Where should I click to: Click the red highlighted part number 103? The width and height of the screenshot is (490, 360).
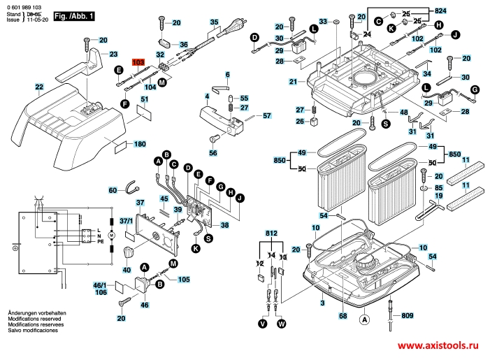coord(138,62)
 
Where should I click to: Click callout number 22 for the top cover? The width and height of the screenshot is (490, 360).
coord(39,87)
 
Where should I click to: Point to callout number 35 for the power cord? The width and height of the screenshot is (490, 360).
coord(215,23)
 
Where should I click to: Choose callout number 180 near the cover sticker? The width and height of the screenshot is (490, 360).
coord(139,144)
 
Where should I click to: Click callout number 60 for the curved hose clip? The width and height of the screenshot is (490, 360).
coord(113,190)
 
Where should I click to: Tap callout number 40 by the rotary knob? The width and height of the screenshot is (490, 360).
coord(127,269)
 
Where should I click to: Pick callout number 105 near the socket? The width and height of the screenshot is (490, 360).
coord(183,280)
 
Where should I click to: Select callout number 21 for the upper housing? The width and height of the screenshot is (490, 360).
coord(294,82)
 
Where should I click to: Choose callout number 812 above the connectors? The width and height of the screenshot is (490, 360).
coord(271,233)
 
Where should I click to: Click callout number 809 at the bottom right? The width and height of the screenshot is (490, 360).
coord(406,316)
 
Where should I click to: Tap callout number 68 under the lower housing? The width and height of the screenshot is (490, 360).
coord(343,317)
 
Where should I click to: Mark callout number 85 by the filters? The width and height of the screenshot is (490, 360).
coord(438,188)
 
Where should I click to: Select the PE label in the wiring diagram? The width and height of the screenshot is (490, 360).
coord(101,243)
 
